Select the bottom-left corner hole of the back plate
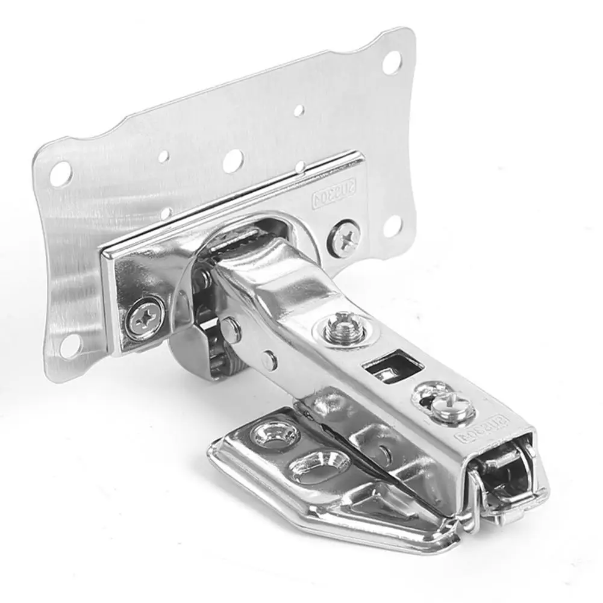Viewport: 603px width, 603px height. (70, 345)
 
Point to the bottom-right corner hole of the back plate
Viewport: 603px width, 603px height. (392, 226)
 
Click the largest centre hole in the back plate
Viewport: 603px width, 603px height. (232, 161)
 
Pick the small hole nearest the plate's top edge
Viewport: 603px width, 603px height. (298, 111)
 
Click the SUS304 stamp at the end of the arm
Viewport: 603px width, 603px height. (487, 428)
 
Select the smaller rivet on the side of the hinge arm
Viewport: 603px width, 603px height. (268, 361)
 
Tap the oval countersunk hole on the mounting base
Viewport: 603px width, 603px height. (311, 466)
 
